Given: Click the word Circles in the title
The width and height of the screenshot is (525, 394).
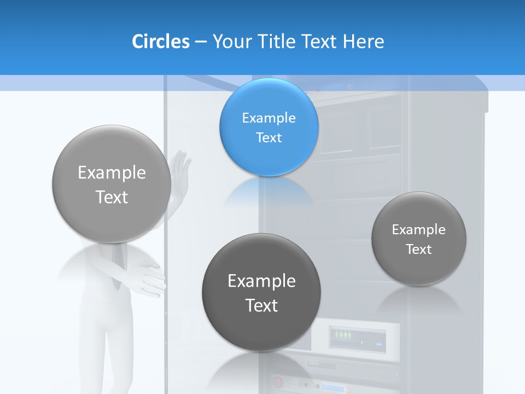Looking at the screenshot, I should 160,42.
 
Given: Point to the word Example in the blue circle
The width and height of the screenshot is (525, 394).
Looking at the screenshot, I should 269,118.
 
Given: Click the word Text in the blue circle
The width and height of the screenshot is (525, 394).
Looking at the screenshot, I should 269,137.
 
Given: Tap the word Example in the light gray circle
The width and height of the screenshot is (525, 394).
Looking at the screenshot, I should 112,172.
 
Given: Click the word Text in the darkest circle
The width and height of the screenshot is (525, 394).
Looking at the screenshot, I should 261,305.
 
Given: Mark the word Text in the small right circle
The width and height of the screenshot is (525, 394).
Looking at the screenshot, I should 419,250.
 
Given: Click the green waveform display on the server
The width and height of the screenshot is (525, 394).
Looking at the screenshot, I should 344,334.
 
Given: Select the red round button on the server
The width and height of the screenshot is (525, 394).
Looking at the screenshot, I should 277,381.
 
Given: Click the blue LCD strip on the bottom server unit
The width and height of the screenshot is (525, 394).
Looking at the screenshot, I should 335,388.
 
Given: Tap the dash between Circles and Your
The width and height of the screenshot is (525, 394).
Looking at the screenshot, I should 201,42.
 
